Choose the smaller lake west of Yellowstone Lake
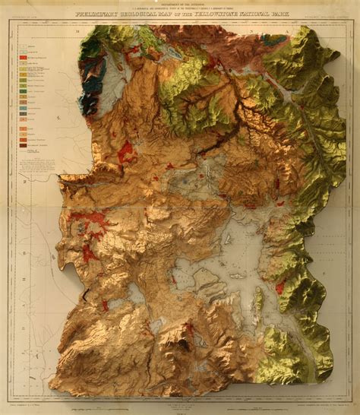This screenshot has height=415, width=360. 137,293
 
